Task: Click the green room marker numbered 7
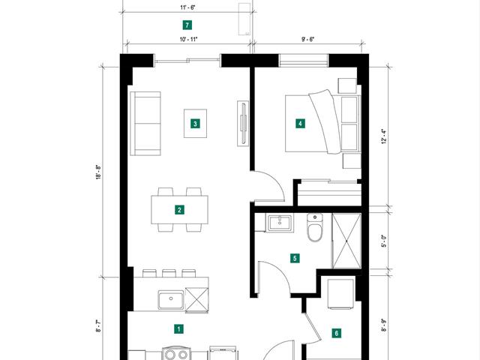pos(187,25)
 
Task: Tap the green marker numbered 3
pos(195,124)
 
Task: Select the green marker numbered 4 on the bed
pos(300,124)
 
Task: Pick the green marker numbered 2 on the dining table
pos(179,210)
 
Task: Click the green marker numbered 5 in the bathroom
pos(295,258)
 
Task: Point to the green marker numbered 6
pos(337,333)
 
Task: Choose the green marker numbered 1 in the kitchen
pos(178,329)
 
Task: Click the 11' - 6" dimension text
pos(187,7)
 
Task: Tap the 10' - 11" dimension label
pos(188,39)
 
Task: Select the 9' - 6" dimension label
pos(308,39)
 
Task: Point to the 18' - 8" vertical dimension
pos(98,172)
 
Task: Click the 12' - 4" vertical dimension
pos(384,136)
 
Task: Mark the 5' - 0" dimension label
pos(384,241)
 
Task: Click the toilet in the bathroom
pos(315,227)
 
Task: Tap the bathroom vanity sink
pos(280,223)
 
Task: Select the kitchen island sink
pos(171,300)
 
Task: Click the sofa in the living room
pos(145,123)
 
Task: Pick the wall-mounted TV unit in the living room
pos(243,123)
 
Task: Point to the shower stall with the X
pos(346,241)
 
